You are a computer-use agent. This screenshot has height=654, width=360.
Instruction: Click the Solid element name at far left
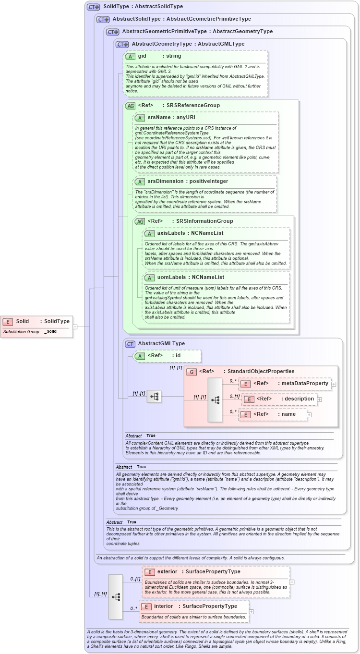23,321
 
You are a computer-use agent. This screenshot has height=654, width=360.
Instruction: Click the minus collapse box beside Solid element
75,327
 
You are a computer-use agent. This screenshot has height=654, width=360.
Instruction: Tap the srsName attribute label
158,117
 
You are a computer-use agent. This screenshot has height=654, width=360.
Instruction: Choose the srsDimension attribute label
165,182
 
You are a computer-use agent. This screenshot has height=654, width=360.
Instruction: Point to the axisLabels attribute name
172,233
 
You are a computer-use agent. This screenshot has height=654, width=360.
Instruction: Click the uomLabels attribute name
173,278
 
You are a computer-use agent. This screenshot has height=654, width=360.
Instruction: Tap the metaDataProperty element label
305,383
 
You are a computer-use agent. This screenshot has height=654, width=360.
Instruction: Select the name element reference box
273,414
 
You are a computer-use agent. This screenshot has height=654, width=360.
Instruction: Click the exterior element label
167,572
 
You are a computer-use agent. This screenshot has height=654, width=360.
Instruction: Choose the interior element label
163,606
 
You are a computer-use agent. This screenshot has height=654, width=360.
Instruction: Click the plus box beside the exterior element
292,582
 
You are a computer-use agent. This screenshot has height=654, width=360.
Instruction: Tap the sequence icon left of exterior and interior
116,596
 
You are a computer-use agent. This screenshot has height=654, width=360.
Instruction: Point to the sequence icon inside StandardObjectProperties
215,400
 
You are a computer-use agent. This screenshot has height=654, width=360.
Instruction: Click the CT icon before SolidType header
93,7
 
